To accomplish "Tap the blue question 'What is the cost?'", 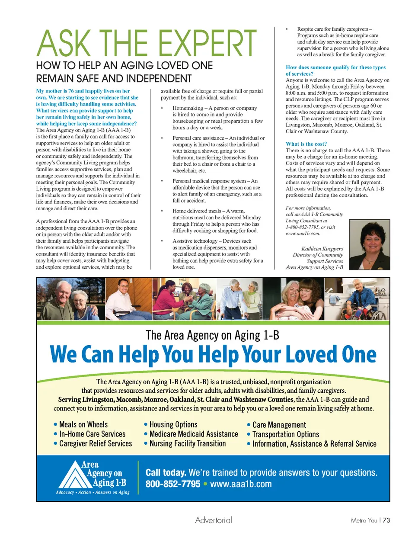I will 306,144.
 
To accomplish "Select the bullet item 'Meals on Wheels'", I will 83,425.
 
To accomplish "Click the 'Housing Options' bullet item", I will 173,425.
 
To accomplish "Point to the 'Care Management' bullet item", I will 279,425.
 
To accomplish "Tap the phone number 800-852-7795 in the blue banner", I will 173,484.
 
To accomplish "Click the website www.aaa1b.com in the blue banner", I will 241,484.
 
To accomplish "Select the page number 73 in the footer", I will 386,520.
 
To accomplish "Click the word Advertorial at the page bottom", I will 214,520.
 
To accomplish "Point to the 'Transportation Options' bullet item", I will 285,434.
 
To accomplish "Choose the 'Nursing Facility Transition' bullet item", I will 187,444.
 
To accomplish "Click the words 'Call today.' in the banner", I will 166,473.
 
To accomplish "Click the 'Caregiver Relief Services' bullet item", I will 96,444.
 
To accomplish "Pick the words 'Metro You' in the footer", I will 364,520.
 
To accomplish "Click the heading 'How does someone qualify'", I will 335,67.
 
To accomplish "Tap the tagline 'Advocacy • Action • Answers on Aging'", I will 93,492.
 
